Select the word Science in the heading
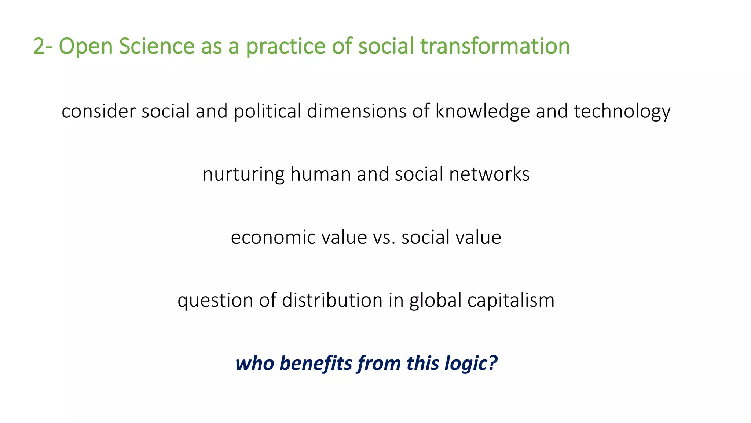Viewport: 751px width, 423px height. tap(157, 47)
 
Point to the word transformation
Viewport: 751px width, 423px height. tap(495, 47)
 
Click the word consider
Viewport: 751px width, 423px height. tap(99, 111)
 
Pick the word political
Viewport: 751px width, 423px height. tap(267, 111)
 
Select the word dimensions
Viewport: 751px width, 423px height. tap(357, 111)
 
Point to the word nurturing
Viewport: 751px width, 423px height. tap(243, 174)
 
